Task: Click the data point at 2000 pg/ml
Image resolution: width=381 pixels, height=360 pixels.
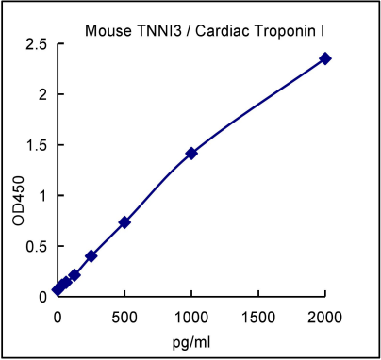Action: pos(325,58)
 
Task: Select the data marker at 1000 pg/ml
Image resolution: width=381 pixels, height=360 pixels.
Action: pos(191,153)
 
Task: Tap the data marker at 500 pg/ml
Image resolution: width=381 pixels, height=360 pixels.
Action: pos(124,222)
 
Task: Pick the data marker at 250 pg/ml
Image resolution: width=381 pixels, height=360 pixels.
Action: pos(91,255)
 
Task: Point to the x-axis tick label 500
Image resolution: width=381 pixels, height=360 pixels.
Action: pos(124,314)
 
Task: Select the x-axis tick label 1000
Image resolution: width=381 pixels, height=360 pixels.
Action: pos(191,314)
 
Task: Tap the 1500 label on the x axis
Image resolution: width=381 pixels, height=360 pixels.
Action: pos(258,314)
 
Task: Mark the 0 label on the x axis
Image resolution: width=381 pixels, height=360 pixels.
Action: pos(58,314)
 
